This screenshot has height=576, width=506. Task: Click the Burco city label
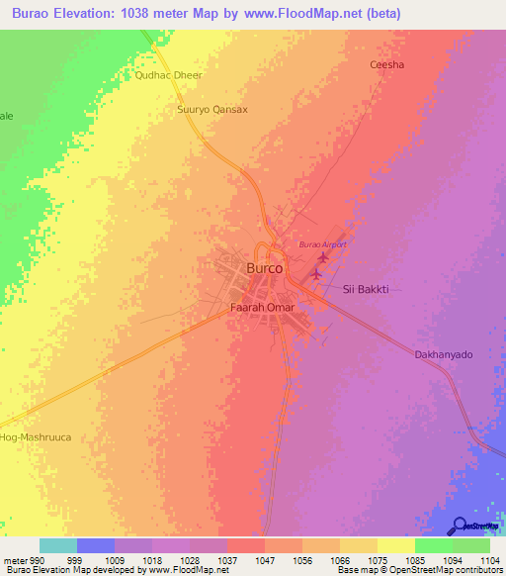pyautogui.click(x=264, y=268)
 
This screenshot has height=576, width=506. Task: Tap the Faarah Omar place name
pyautogui.click(x=263, y=308)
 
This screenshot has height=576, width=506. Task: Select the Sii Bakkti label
pyautogui.click(x=365, y=289)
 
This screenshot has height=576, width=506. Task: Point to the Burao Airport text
pyautogui.click(x=326, y=243)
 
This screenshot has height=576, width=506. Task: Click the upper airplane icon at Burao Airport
pyautogui.click(x=322, y=257)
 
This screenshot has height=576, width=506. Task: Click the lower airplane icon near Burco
pyautogui.click(x=316, y=274)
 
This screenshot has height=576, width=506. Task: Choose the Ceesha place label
pyautogui.click(x=386, y=65)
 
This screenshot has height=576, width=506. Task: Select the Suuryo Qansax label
pyautogui.click(x=211, y=110)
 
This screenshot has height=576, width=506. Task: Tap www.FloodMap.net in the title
pyautogui.click(x=337, y=12)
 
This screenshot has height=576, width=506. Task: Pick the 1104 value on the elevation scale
pyautogui.click(x=491, y=561)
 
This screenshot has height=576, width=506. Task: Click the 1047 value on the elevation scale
pyautogui.click(x=265, y=561)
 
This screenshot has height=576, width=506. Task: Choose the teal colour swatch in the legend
pyautogui.click(x=58, y=545)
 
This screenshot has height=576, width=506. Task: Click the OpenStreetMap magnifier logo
pyautogui.click(x=459, y=527)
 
